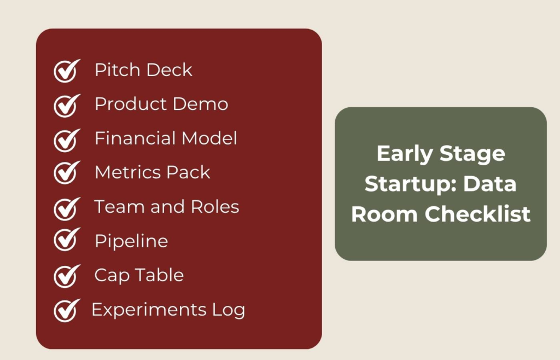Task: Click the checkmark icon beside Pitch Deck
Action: (66, 71)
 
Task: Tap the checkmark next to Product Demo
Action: (66, 105)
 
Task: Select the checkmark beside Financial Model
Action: (66, 140)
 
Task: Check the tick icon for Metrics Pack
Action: (66, 173)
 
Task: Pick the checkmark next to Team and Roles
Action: (66, 208)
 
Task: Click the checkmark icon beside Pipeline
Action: (66, 241)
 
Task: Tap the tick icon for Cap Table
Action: (66, 276)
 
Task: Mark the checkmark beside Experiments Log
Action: (66, 310)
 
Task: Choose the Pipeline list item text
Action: (131, 241)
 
